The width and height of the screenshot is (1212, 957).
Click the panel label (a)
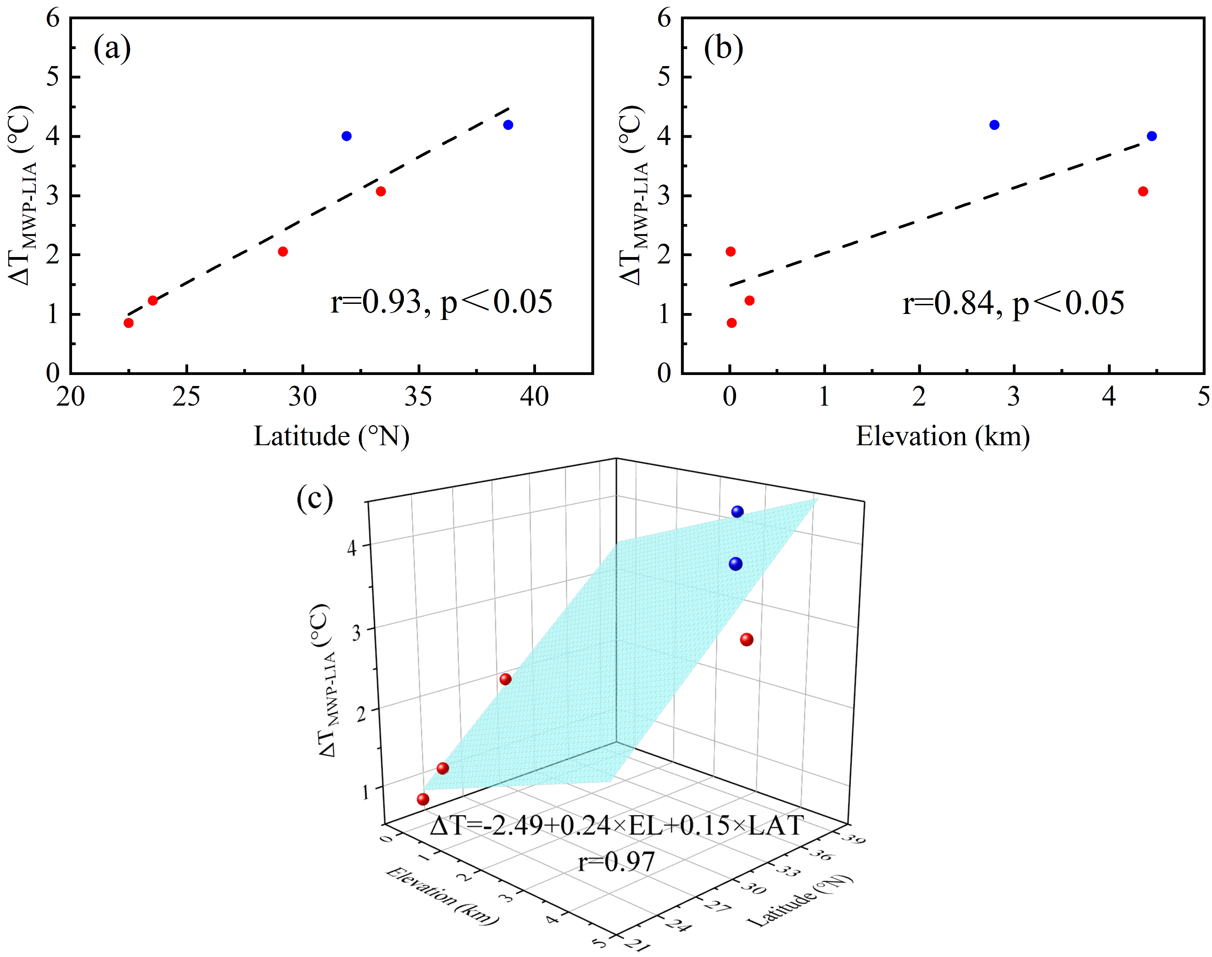click(x=112, y=49)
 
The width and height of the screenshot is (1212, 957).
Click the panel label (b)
click(x=723, y=49)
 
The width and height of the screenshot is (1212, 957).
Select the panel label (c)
click(x=315, y=498)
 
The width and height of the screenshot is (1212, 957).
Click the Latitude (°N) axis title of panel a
click(x=331, y=437)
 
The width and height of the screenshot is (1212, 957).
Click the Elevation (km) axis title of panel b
click(x=943, y=437)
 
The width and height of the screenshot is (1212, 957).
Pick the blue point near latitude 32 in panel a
click(x=346, y=136)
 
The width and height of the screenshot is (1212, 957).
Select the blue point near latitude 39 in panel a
click(x=508, y=125)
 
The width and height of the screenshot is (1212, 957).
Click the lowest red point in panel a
click(x=128, y=323)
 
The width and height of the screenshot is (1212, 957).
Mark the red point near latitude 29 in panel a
click(x=283, y=252)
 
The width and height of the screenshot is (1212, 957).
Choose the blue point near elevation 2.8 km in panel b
click(x=994, y=125)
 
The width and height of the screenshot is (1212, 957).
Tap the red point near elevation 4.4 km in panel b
click(x=1143, y=191)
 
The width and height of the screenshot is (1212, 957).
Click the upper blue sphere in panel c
click(x=737, y=512)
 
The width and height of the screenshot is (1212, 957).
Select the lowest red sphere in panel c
click(x=423, y=799)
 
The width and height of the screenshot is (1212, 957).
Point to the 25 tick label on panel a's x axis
click(x=186, y=397)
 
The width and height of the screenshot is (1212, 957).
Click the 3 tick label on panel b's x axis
click(x=1014, y=397)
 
